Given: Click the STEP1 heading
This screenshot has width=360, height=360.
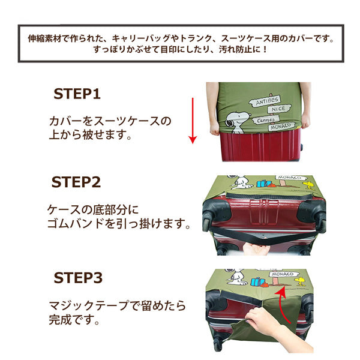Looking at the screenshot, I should tap(77, 94).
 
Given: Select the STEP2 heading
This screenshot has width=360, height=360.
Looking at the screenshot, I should tap(77, 182).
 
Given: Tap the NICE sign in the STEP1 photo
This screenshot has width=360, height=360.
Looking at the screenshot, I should tap(278, 109).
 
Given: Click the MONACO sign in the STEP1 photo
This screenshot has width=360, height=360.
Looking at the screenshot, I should tap(280, 127).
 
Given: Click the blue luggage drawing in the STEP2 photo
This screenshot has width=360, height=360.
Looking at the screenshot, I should tap(263, 183).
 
